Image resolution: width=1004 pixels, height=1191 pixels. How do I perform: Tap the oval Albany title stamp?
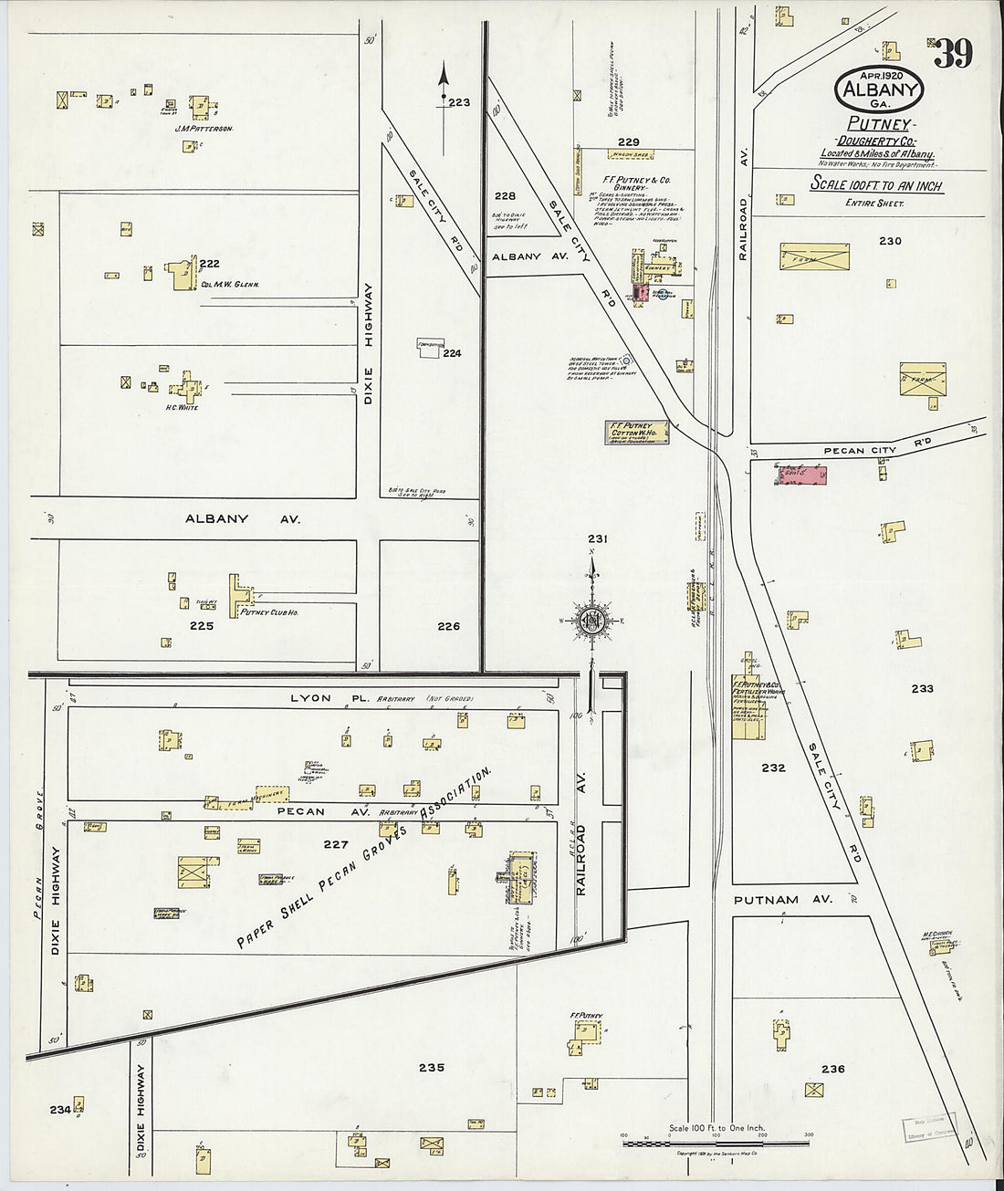878,89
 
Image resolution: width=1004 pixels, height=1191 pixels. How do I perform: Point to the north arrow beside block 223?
444,88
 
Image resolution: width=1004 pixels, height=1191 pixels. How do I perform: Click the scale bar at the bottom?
716,1135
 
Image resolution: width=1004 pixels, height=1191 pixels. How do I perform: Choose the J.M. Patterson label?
204,130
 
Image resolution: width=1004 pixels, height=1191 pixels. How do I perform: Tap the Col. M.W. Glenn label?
230,284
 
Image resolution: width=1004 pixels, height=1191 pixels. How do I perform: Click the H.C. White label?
183,407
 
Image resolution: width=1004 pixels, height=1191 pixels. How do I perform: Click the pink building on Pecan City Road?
801,474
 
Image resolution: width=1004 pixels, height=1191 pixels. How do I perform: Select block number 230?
889,241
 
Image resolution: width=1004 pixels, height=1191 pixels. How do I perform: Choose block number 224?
453,353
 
